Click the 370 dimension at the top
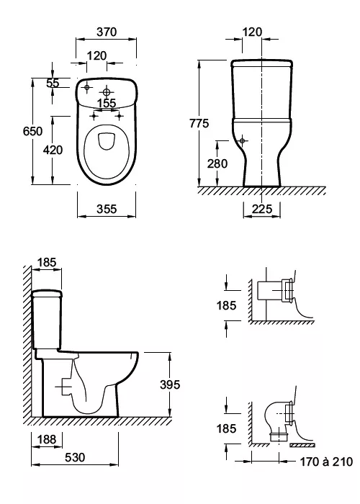click(107, 32)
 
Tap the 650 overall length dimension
click(32, 131)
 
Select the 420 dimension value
click(53, 150)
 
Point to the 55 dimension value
click(53, 83)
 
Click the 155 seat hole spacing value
click(107, 104)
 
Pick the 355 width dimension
click(107, 209)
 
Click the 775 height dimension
click(199, 123)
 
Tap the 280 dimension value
click(217, 163)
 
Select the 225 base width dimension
click(262, 209)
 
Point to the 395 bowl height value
click(170, 384)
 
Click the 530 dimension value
click(75, 457)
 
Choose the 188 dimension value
click(47, 439)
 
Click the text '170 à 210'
click(326, 462)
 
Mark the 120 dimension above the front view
click(252, 32)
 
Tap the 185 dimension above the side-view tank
click(47, 262)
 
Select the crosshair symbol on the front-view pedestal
click(242, 140)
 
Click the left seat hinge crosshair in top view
click(94, 115)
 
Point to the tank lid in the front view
click(262, 63)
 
